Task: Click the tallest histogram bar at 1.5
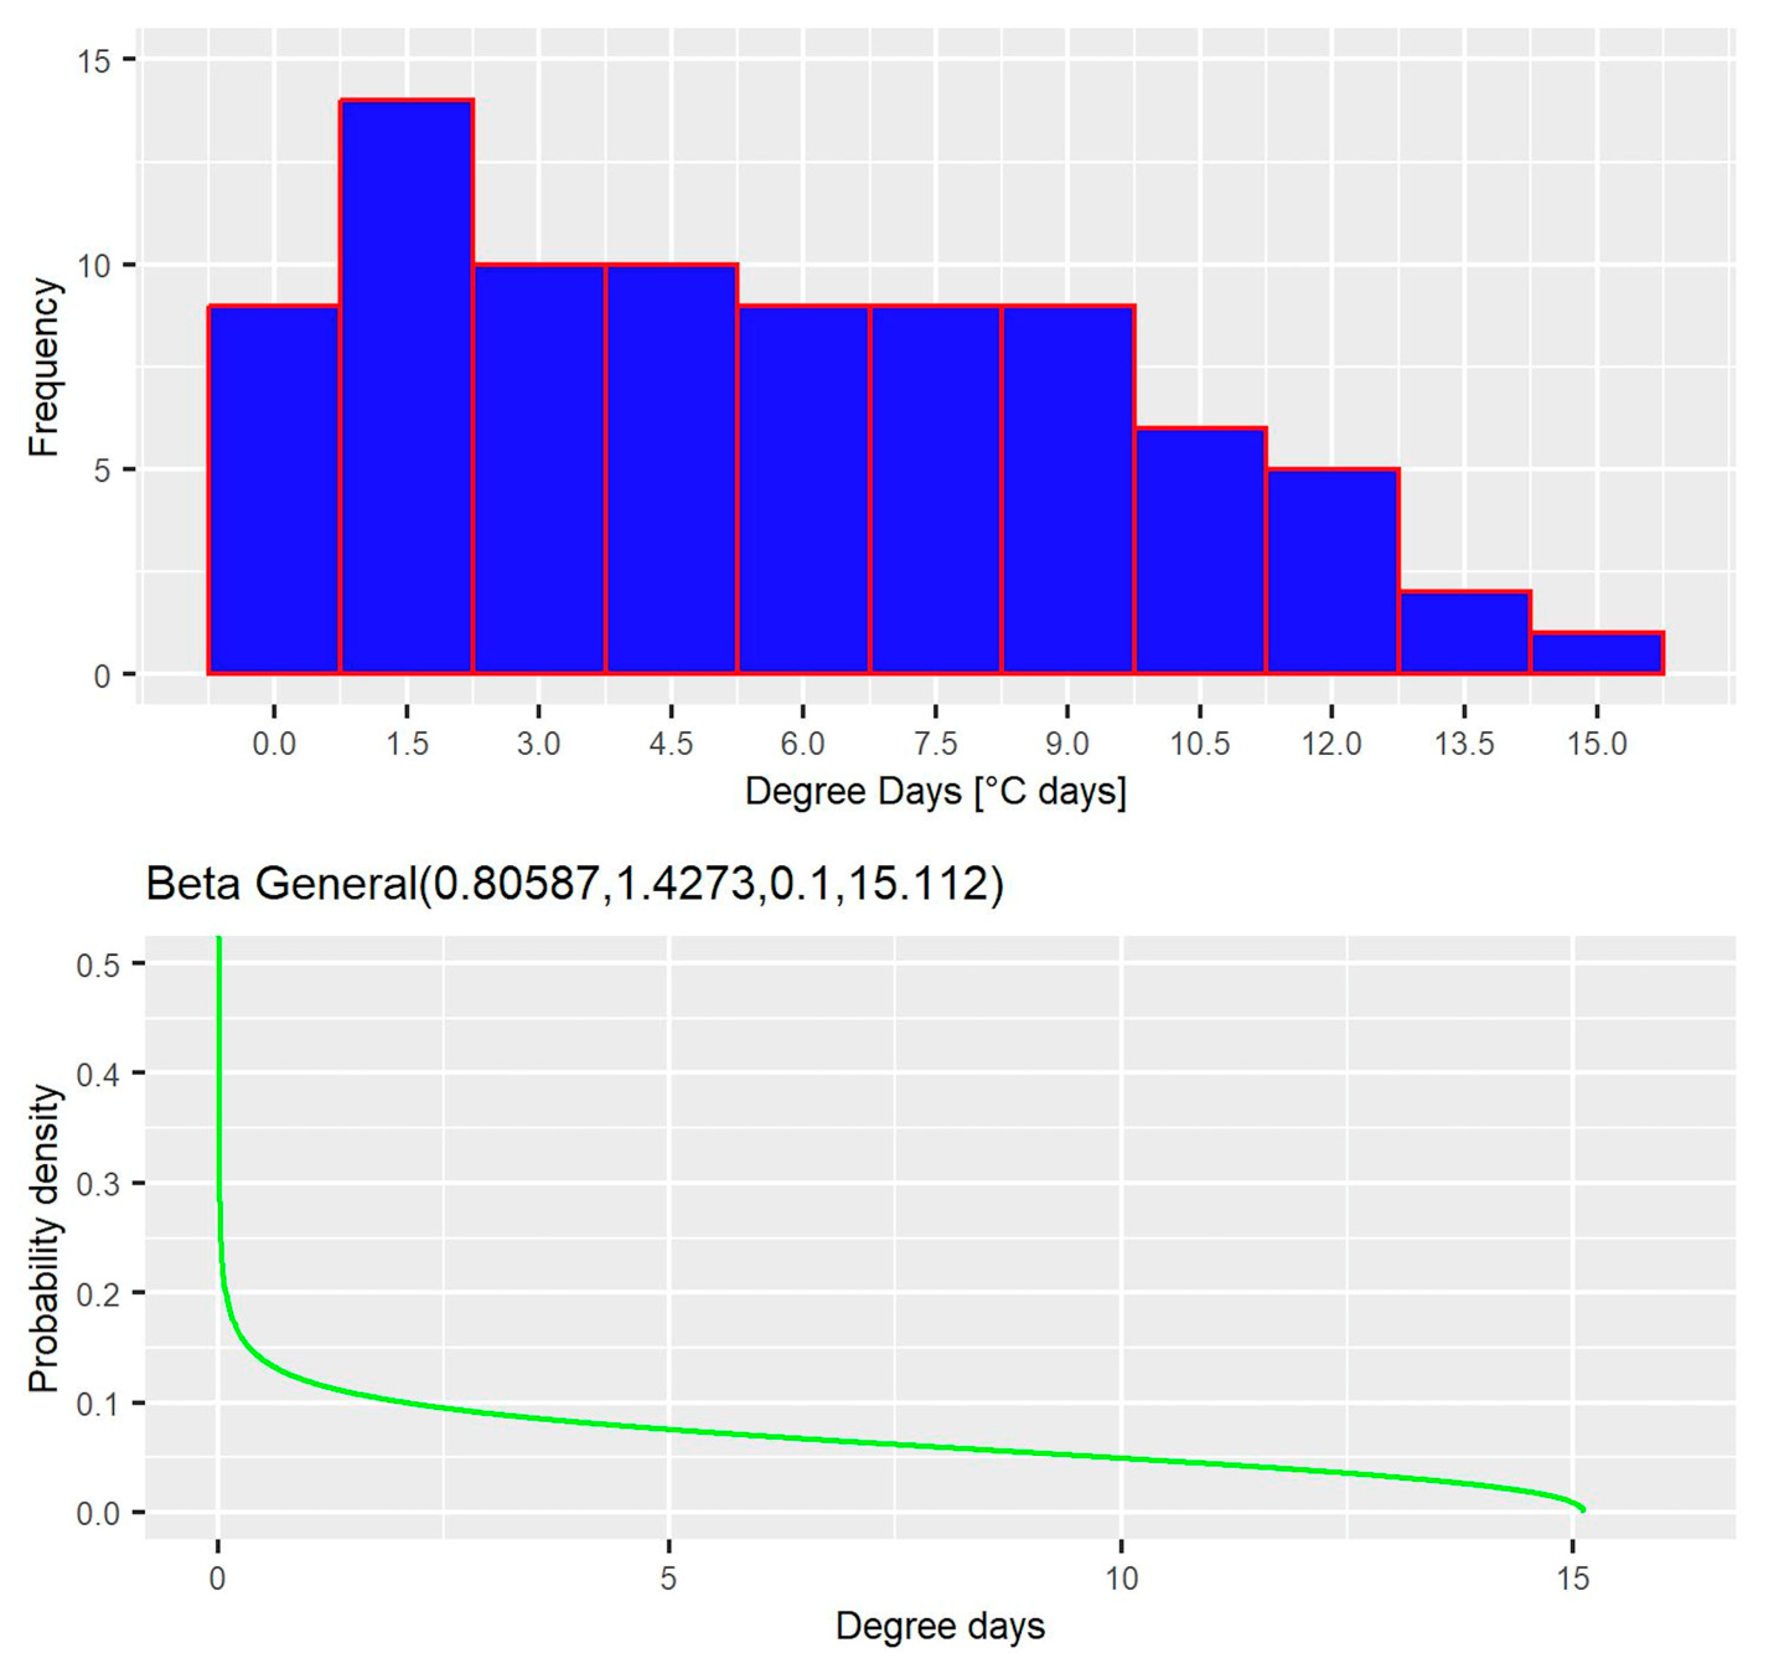(x=406, y=387)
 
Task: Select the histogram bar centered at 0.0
(x=274, y=490)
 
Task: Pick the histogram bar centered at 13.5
(x=1464, y=633)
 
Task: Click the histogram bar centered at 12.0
(x=1332, y=571)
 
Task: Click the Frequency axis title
(x=43, y=367)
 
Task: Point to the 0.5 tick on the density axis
(x=98, y=964)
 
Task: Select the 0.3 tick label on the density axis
(x=98, y=1184)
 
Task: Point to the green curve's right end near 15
(x=1582, y=1509)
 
